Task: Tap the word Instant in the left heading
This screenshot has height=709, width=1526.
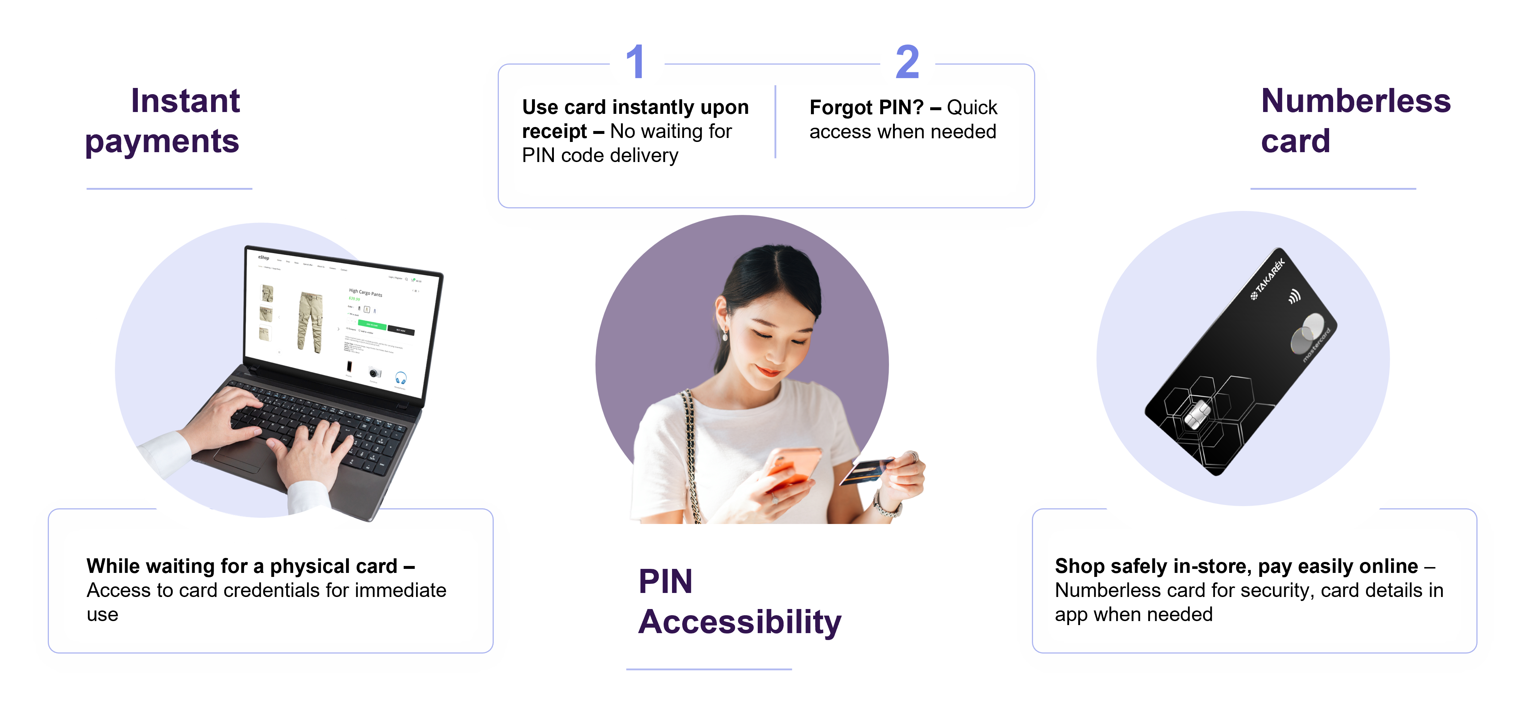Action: tap(185, 100)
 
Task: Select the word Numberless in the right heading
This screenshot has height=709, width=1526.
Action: tap(1355, 100)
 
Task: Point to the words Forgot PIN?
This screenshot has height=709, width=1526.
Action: tap(866, 107)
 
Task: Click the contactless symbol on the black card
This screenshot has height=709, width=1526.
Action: tap(1295, 295)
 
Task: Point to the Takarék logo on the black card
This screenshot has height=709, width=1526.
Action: tap(1268, 279)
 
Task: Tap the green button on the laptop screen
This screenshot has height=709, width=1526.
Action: tap(372, 324)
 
